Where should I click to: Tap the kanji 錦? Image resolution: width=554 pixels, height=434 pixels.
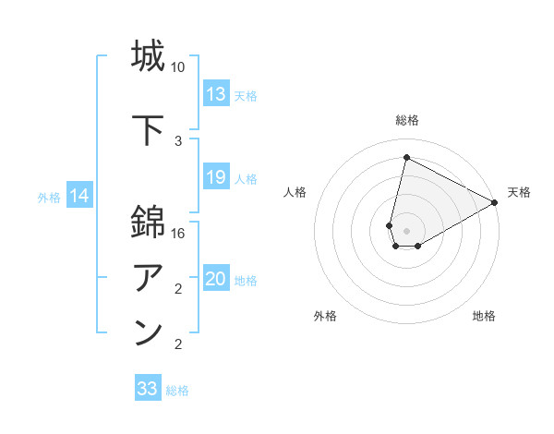148,223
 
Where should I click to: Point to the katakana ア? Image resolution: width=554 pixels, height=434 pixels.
148,278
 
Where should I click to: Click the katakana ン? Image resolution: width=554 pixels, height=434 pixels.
148,333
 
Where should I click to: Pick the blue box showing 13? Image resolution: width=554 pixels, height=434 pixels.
216,94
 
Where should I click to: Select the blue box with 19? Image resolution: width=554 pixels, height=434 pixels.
216,177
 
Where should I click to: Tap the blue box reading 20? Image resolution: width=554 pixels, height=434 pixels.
216,279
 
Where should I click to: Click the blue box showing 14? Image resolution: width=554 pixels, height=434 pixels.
79,196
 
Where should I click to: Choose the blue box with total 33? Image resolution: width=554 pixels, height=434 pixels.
148,389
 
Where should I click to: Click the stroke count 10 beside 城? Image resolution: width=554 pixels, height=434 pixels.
178,67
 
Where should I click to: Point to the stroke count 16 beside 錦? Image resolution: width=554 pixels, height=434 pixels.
178,234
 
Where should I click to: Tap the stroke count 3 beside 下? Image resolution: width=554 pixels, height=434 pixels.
178,141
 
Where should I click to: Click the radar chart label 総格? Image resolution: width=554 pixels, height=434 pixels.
407,120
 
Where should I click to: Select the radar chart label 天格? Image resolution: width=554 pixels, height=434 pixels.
519,192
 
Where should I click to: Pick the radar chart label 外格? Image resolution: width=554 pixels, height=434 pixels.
325,317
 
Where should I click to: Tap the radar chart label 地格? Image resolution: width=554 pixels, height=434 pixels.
484,317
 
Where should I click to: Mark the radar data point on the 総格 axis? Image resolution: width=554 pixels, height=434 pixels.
406,157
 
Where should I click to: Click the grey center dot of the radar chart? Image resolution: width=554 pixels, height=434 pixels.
406,231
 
